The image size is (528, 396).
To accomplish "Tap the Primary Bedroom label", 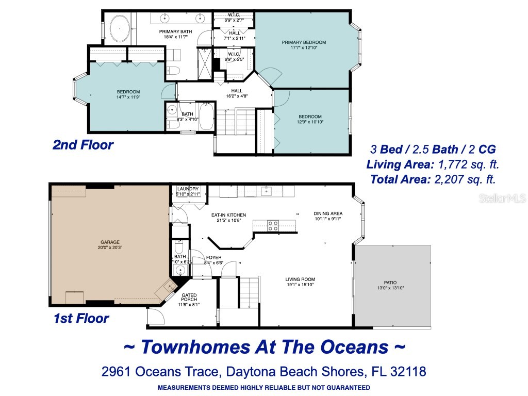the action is [x=304, y=45].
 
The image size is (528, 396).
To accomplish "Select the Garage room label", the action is [x=110, y=244].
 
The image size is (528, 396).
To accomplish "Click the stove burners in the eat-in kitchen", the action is [x=273, y=226].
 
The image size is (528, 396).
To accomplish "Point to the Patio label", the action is [x=390, y=285].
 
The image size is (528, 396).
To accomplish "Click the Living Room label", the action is [x=300, y=282].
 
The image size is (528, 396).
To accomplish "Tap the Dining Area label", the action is [x=328, y=216].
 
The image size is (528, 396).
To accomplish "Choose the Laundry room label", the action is [x=188, y=191].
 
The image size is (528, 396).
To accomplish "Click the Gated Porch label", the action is [x=189, y=300].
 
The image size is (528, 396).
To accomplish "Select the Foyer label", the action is [x=213, y=260].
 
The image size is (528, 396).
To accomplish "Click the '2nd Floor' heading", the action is [x=83, y=145].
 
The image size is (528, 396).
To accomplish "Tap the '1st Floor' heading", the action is [x=81, y=318].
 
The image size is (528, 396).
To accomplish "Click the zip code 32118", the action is [x=408, y=371].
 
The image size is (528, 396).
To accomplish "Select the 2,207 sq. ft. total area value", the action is [x=465, y=179].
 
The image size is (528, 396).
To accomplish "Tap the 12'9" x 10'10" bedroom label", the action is [x=310, y=119].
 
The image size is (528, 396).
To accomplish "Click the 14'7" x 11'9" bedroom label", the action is [x=128, y=94].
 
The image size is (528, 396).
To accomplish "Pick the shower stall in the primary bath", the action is [x=205, y=64].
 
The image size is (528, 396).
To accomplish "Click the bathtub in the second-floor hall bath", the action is [x=206, y=117].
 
